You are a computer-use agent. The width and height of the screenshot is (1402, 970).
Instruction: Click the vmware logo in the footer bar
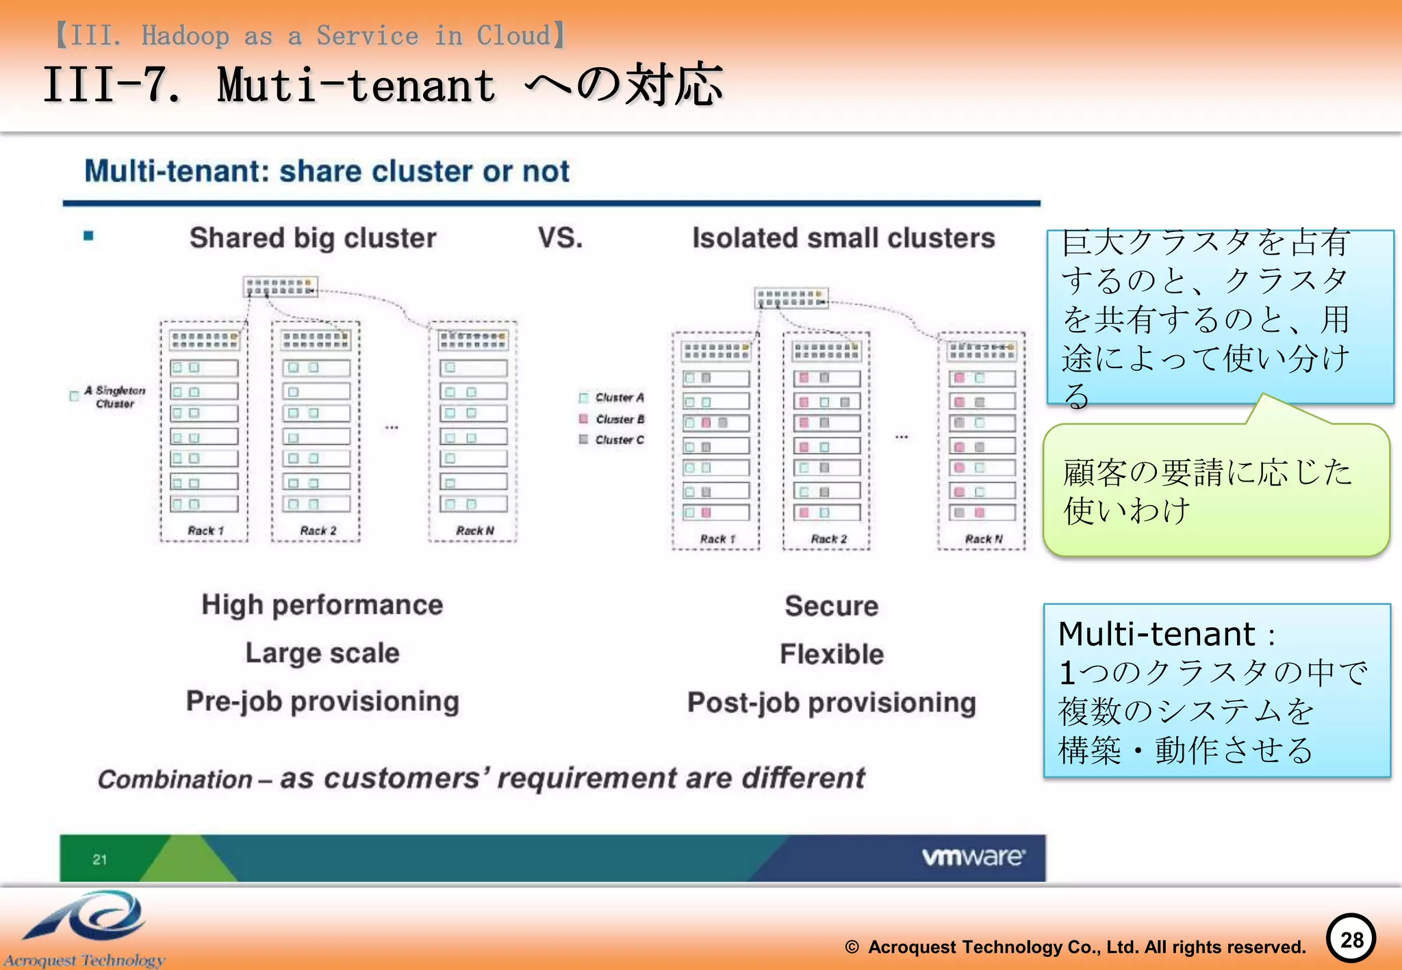pyautogui.click(x=973, y=856)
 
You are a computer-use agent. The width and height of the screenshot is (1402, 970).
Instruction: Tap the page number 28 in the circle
pyautogui.click(x=1351, y=939)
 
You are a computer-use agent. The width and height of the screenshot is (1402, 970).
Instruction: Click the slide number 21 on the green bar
pyautogui.click(x=100, y=859)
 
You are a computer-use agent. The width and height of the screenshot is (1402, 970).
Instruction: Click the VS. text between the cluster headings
pyautogui.click(x=560, y=238)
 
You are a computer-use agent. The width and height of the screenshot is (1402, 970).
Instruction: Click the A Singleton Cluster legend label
pyautogui.click(x=114, y=397)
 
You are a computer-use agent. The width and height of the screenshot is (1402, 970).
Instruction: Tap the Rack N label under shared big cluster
pyautogui.click(x=474, y=531)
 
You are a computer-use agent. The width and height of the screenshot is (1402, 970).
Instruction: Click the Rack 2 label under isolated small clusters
pyautogui.click(x=828, y=539)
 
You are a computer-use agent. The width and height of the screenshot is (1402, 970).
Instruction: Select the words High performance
pyautogui.click(x=322, y=605)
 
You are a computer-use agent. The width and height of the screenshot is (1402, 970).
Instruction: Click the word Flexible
pyautogui.click(x=832, y=654)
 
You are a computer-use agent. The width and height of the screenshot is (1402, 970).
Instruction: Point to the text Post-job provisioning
pyautogui.click(x=831, y=703)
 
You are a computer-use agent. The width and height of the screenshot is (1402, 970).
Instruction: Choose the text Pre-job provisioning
pyautogui.click(x=322, y=701)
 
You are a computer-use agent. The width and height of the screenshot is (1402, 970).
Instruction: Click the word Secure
pyautogui.click(x=831, y=606)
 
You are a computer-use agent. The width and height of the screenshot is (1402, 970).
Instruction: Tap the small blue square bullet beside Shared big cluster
pyautogui.click(x=88, y=236)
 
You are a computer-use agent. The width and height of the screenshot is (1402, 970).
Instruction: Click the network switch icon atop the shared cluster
pyautogui.click(x=280, y=287)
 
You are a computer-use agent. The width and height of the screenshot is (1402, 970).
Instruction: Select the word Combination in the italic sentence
pyautogui.click(x=175, y=779)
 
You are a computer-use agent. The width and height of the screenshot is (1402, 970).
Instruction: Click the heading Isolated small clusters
pyautogui.click(x=843, y=238)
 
